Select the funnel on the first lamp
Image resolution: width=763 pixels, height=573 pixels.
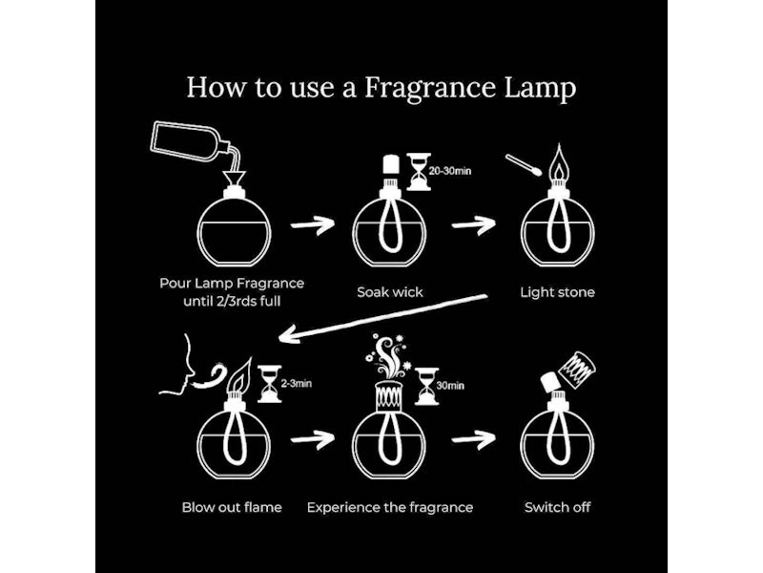coord(234,180)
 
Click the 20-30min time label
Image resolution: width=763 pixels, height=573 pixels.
coord(449,171)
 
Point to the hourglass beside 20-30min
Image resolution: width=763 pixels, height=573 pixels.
coord(419,172)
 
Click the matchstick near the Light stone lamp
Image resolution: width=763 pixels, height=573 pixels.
coord(524,165)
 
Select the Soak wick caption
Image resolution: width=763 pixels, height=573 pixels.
coord(390,292)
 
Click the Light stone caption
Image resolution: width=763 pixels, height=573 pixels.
coord(557,292)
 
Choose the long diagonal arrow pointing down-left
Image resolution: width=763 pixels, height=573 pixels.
coord(383,319)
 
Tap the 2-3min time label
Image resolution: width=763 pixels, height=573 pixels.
coord(297,384)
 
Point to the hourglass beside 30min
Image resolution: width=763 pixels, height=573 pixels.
coord(426,387)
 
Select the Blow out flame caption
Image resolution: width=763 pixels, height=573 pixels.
coord(232,507)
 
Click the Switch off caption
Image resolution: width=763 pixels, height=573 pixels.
coord(558,507)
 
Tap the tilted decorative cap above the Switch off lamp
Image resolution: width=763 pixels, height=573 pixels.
coord(577,371)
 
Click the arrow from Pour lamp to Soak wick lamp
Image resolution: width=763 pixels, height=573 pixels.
coord(313,224)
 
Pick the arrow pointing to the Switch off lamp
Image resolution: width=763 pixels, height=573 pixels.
coord(473,439)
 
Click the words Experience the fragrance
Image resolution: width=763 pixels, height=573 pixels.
coord(390,508)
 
